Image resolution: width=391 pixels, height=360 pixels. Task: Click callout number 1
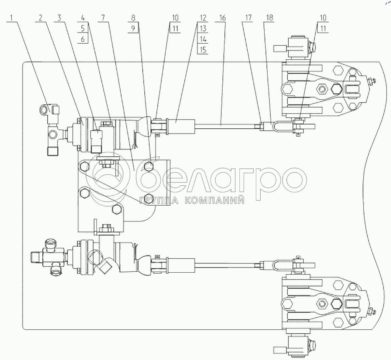(x=11, y=18)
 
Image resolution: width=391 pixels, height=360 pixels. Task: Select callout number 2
(x=40, y=18)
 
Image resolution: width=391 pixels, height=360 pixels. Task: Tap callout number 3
(x=59, y=18)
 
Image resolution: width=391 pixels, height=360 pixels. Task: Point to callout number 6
(x=83, y=39)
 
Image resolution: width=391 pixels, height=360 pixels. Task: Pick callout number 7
(x=103, y=18)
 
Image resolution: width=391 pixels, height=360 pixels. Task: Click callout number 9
(x=133, y=29)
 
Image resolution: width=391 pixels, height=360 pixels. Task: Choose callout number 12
(x=203, y=18)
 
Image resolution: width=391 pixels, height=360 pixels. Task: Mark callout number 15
(x=203, y=50)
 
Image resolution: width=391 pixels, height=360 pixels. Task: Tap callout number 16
(x=223, y=18)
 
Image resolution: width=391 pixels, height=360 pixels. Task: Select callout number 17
(x=248, y=18)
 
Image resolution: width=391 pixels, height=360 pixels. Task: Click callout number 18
(x=269, y=18)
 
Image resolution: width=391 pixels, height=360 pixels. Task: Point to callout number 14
(x=203, y=39)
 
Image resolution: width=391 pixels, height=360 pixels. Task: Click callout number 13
(x=203, y=29)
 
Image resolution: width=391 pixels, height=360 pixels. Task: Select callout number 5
(x=83, y=29)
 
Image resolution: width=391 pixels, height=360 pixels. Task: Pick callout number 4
(x=83, y=18)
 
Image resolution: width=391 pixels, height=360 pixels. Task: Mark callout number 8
(x=133, y=18)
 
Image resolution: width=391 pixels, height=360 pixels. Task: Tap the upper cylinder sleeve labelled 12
(x=181, y=126)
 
